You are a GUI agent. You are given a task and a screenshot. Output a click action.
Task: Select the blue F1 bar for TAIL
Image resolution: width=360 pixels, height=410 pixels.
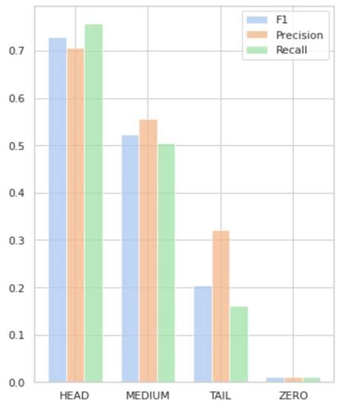click(203, 334)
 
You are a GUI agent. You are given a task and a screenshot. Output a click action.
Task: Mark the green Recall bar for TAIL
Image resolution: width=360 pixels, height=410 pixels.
click(238, 345)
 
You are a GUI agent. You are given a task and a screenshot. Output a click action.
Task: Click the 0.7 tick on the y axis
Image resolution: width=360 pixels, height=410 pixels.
click(16, 52)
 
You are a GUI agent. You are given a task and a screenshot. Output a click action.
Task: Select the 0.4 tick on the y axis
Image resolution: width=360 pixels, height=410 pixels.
click(16, 194)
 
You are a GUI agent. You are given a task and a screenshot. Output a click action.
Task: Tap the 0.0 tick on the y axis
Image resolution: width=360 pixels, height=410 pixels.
click(16, 383)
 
